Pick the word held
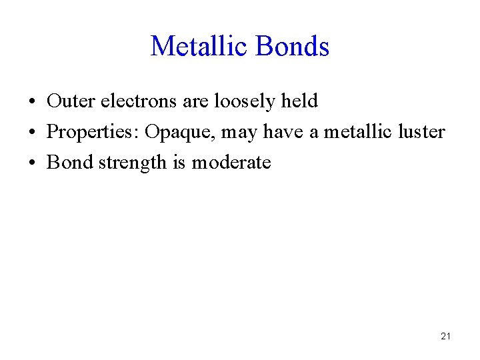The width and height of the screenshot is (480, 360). (x=300, y=101)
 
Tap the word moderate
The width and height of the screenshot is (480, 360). (x=231, y=163)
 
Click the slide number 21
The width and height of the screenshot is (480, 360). (x=445, y=336)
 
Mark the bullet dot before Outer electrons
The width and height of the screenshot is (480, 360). (x=32, y=103)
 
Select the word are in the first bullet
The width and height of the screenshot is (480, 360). (x=196, y=102)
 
